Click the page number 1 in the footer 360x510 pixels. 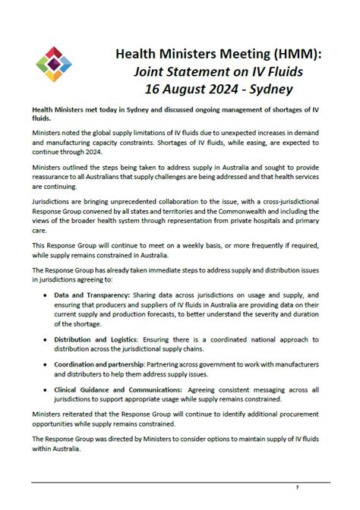(298, 486)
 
